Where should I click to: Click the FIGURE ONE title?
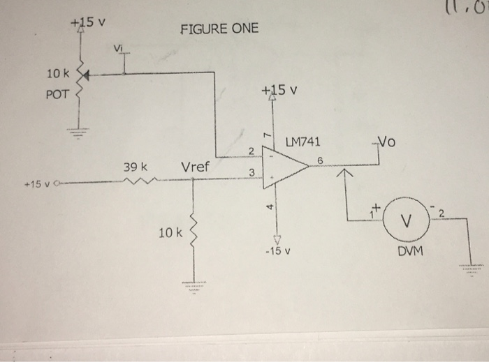click(x=219, y=29)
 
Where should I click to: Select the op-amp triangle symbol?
click(x=283, y=167)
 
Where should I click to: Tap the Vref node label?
click(x=196, y=167)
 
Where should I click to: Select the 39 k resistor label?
click(x=135, y=168)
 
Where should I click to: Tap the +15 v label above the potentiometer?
click(x=88, y=21)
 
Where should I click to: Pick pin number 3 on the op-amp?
click(x=251, y=173)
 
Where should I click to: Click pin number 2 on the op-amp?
click(x=251, y=149)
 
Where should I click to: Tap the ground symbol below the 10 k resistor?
click(x=193, y=287)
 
